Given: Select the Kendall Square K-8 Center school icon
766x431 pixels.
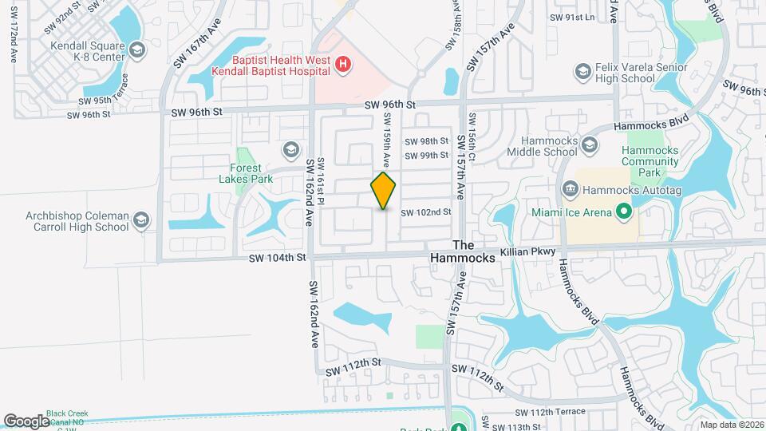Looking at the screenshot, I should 137,51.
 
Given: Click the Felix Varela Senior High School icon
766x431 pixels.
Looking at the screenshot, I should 582,73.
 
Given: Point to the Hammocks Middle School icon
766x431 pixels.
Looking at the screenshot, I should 590,144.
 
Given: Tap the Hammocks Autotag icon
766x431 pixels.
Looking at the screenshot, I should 571,189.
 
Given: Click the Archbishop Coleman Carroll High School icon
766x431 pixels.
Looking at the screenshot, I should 140,220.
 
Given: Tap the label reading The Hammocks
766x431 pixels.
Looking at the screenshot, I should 468,251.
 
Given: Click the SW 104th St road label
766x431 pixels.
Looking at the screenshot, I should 277,258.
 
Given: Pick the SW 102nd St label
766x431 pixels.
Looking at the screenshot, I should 426,212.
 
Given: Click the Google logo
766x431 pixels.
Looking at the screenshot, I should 26,421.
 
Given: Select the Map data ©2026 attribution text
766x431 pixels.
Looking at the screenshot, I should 732,424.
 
